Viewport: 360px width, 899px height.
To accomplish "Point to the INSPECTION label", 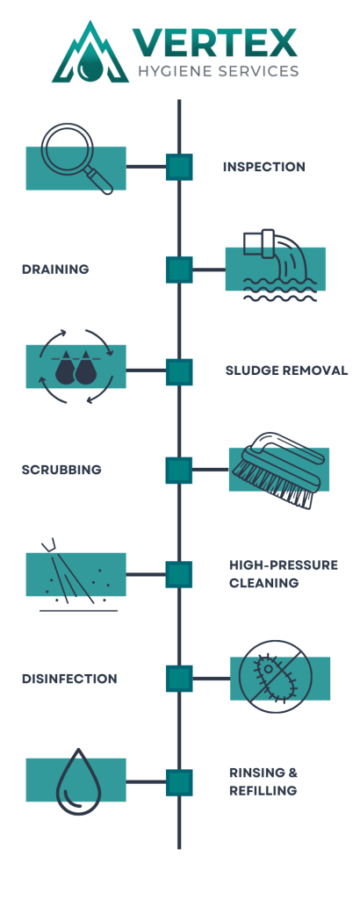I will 263,167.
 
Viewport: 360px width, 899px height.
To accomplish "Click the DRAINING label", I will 55,270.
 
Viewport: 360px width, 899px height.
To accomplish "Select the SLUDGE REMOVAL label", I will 286,370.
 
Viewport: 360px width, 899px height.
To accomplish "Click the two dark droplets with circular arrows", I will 76,367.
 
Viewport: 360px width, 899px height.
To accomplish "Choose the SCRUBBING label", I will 61,470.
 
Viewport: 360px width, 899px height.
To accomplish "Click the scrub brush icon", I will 277,470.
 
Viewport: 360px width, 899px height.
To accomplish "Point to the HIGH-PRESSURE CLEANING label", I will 283,573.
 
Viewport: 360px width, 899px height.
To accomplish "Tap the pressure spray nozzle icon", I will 76,575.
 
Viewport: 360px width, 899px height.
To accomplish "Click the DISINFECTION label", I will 69,679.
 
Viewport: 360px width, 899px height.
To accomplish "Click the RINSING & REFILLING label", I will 263,781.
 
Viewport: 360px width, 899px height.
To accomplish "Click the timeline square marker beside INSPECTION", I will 179,167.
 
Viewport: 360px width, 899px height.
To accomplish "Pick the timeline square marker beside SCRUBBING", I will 179,471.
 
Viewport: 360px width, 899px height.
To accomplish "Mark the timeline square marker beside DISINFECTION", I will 179,679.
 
